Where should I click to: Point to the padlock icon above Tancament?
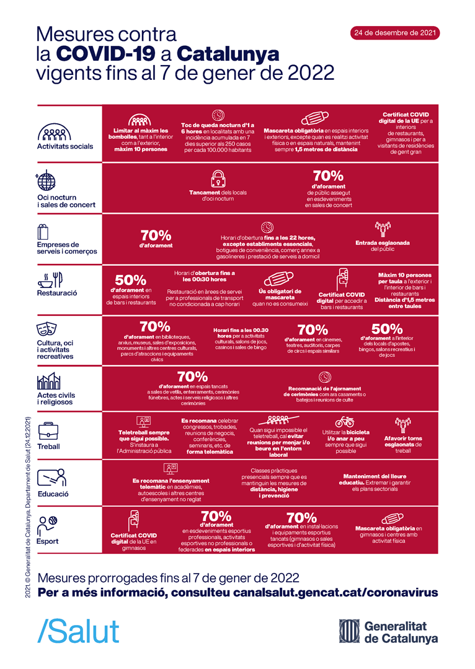pyautogui.click(x=218, y=179)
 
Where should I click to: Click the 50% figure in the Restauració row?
pyautogui.click(x=130, y=281)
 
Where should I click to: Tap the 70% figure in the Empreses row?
pyautogui.click(x=156, y=235)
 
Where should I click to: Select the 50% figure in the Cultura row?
pyautogui.click(x=386, y=329)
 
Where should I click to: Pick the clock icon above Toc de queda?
pyautogui.click(x=218, y=115)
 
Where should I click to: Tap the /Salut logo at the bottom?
pyautogui.click(x=79, y=631)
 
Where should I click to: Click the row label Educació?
pyautogui.click(x=53, y=494)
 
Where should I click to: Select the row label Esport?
pyautogui.click(x=48, y=541)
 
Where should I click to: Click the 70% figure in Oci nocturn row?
pyautogui.click(x=328, y=176)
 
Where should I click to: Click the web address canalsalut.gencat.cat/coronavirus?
pyautogui.click(x=335, y=593)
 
